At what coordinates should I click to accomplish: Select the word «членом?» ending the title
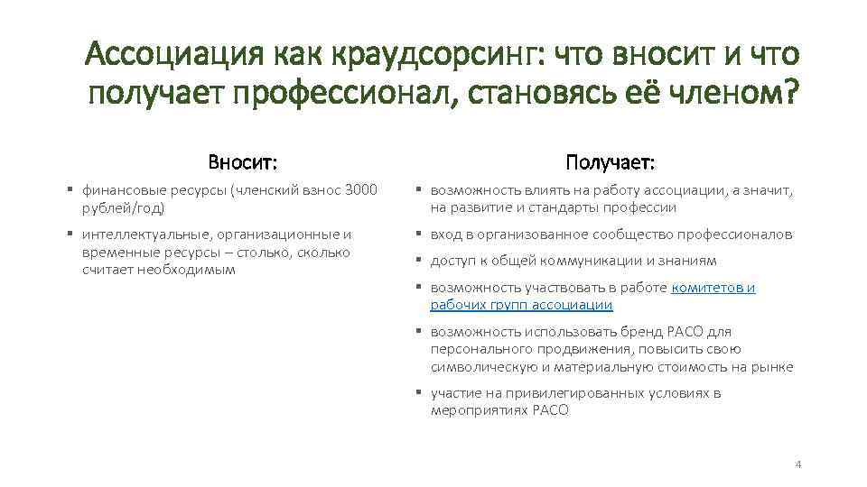[x=732, y=91]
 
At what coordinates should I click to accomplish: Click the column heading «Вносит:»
[x=242, y=162]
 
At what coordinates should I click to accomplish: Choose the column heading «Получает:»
[x=611, y=162]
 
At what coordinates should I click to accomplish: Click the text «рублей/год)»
[x=123, y=207]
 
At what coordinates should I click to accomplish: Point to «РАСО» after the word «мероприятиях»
[x=551, y=410]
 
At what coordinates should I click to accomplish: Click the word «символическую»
[x=479, y=366]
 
